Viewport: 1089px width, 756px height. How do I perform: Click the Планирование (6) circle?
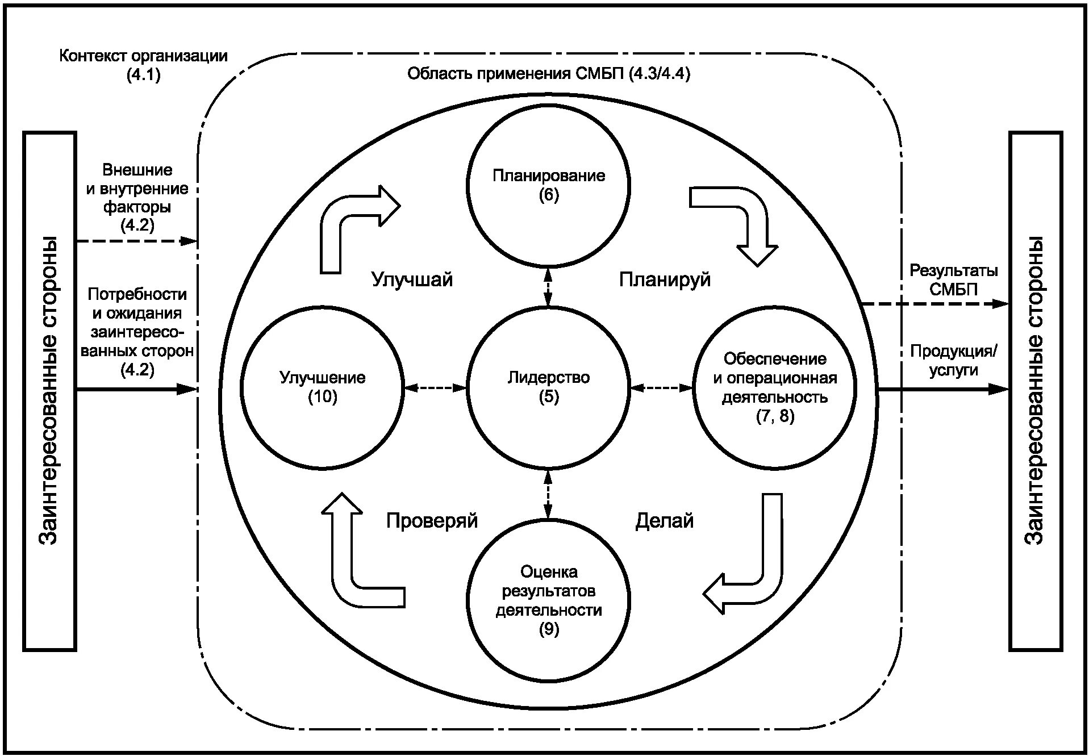548,185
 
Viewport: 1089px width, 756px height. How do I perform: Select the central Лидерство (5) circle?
548,388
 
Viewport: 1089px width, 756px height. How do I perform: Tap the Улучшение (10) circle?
322,388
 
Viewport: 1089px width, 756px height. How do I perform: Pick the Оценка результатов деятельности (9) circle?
548,600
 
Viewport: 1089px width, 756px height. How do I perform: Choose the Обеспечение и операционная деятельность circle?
775,388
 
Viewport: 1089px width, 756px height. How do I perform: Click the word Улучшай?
412,279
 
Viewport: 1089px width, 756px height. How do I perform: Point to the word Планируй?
665,279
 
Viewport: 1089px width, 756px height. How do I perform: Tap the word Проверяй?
432,520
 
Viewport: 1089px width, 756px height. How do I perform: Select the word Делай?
664,520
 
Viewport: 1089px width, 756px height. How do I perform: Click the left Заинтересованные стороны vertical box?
49,391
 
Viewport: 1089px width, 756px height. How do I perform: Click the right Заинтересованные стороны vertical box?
1035,391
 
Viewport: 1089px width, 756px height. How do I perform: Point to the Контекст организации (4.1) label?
143,65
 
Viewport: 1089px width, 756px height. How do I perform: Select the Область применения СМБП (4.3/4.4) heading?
548,74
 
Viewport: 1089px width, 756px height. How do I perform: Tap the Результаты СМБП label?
953,279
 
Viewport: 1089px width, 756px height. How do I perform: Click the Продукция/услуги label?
953,360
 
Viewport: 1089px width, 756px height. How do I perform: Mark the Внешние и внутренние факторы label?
137,197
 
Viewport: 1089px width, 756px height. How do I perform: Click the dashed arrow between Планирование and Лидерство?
548,287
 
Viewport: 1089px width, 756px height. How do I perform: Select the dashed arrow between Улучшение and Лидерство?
435,389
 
